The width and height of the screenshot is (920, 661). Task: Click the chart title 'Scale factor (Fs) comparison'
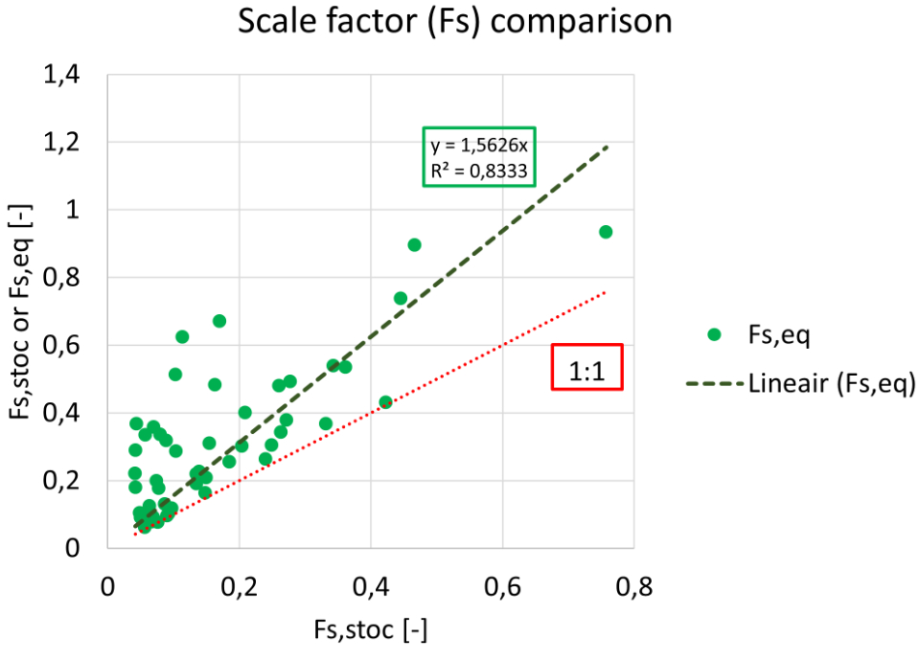(x=455, y=22)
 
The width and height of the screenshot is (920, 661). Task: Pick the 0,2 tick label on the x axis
(x=239, y=587)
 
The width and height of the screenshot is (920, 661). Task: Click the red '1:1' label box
(x=586, y=368)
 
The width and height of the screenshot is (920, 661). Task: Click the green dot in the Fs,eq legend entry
(x=713, y=334)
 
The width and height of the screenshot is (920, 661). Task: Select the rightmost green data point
(x=606, y=232)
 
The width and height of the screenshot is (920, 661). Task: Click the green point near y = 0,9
(x=414, y=244)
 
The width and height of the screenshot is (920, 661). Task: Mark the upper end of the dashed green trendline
(x=607, y=147)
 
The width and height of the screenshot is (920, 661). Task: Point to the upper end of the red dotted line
(x=606, y=292)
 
